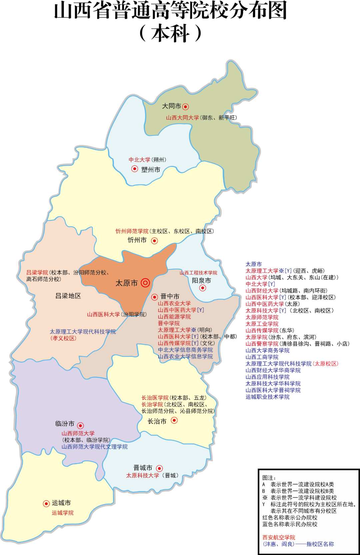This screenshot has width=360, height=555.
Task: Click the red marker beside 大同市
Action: pyautogui.click(x=186, y=107)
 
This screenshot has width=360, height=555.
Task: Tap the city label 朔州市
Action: pyautogui.click(x=150, y=170)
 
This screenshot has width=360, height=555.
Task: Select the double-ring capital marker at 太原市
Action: pyautogui.click(x=145, y=283)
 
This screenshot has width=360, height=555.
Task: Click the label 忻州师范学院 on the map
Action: pyautogui.click(x=132, y=231)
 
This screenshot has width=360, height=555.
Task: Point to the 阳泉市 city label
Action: pyautogui.click(x=201, y=281)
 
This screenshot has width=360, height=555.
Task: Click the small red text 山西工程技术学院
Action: pyautogui.click(x=198, y=273)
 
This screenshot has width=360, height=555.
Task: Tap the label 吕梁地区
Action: pyautogui.click(x=68, y=296)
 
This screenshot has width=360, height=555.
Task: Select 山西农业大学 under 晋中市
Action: pyautogui.click(x=174, y=303)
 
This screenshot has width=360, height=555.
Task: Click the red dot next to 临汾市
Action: pyautogui.click(x=80, y=426)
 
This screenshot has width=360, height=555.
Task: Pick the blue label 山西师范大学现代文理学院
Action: pyautogui.click(x=94, y=447)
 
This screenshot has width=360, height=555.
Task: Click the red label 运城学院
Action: pyautogui.click(x=63, y=513)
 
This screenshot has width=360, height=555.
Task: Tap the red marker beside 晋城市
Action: pyautogui.click(x=160, y=468)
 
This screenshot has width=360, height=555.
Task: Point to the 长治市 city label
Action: pyautogui.click(x=157, y=421)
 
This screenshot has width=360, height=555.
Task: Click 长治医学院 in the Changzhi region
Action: pyautogui.click(x=155, y=398)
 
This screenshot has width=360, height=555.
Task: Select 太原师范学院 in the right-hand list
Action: pyautogui.click(x=262, y=317)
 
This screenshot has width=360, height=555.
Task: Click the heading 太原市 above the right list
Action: pyautogui.click(x=254, y=264)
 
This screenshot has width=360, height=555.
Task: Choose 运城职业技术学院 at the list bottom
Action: pyautogui.click(x=267, y=397)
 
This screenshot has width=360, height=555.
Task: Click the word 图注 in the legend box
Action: pyautogui.click(x=269, y=478)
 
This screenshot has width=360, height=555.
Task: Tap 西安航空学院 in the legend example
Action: pyautogui.click(x=279, y=538)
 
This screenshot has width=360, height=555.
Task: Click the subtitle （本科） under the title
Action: pyautogui.click(x=170, y=33)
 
